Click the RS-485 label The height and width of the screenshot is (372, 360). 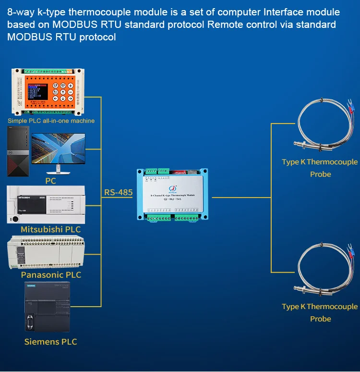pos(118,193)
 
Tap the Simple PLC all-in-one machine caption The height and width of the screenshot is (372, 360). pos(51,121)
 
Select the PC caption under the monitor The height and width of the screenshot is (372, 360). pos(50,181)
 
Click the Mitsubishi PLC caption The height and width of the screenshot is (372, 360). pos(50,229)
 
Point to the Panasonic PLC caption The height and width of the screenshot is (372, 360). pos(51,275)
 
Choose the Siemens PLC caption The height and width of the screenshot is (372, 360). pos(50,342)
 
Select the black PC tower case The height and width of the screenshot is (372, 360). pos(18,151)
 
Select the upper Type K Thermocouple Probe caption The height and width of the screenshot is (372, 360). pos(320,168)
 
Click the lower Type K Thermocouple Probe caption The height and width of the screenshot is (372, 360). pos(320,312)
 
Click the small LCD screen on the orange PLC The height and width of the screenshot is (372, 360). pos(37,91)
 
